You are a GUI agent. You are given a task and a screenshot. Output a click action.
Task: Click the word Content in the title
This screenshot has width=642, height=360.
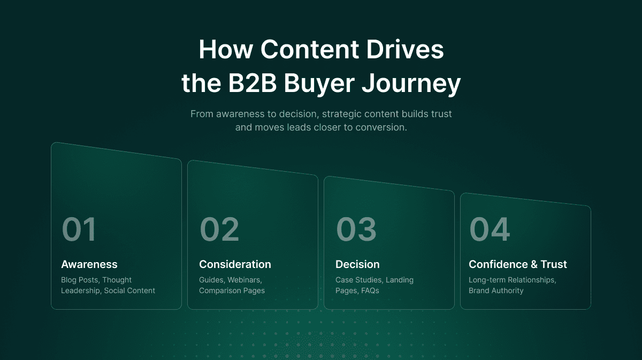310,49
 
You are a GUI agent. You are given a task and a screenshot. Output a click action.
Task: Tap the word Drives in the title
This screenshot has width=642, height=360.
405,49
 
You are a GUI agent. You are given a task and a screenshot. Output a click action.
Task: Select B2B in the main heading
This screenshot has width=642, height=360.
253,83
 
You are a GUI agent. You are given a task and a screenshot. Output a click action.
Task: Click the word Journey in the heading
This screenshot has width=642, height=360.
411,85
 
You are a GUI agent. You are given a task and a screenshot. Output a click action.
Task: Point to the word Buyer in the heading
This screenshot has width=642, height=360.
319,85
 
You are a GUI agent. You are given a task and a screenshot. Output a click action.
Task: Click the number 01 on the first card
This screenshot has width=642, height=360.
79,229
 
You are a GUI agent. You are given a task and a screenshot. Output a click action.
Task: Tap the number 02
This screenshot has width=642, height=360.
219,229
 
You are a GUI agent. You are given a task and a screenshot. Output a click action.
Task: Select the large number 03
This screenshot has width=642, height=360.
356,229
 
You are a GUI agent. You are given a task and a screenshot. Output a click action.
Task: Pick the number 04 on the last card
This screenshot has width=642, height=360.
490,229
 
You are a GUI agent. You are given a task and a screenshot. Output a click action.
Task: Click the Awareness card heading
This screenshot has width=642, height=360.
89,264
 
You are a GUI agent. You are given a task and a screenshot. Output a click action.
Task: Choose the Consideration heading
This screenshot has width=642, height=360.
235,264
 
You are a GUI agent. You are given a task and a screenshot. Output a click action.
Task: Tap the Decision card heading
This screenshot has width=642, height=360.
357,264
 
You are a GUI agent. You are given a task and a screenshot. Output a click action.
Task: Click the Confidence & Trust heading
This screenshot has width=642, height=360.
518,264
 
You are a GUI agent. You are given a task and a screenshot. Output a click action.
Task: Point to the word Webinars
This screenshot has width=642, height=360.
245,280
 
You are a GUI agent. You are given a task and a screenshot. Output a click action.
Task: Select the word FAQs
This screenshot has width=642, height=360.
370,290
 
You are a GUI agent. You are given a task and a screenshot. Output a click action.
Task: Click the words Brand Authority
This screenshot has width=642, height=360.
496,290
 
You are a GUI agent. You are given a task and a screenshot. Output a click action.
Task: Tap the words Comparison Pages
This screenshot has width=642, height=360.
232,290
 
